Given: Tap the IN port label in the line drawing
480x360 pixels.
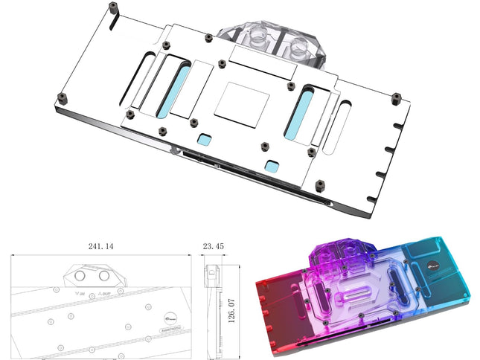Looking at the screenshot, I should click(82, 292).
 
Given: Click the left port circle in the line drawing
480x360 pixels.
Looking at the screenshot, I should click(77, 277).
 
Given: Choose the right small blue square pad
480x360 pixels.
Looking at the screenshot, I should click(272, 164).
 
